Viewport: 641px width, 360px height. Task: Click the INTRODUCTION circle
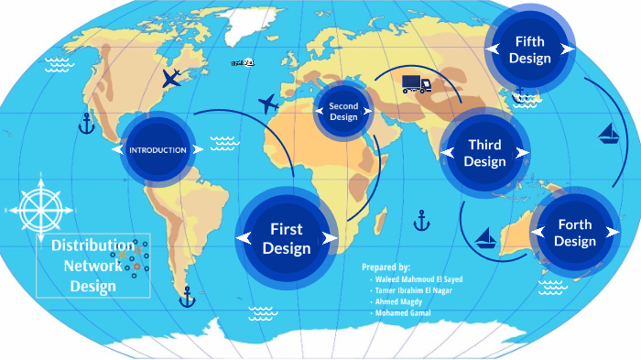[x=158, y=149]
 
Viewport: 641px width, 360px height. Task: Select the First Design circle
[x=287, y=238]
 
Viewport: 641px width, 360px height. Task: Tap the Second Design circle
[x=343, y=112]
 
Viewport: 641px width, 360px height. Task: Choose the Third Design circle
[x=484, y=153]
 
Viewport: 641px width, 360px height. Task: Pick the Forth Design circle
[x=574, y=233]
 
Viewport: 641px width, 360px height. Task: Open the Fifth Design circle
[x=530, y=49]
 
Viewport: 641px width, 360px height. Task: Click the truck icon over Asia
[x=417, y=84]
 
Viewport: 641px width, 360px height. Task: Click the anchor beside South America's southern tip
[x=187, y=296]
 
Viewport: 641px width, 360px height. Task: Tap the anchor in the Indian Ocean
[x=421, y=220]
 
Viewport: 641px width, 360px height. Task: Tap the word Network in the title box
[x=92, y=266]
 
